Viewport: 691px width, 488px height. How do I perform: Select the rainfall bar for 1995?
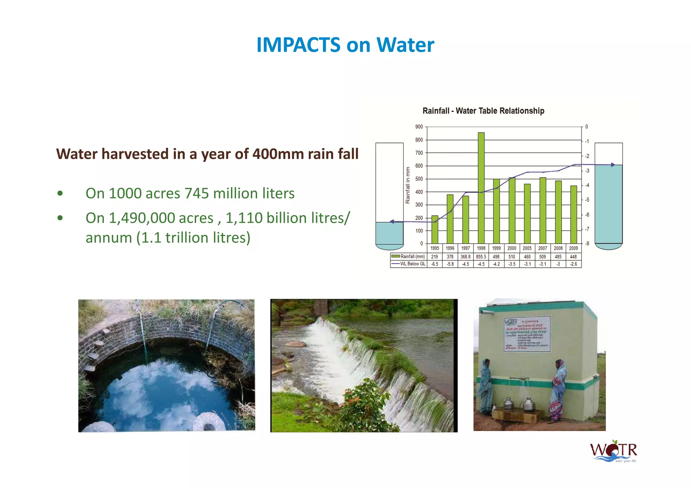click(x=435, y=229)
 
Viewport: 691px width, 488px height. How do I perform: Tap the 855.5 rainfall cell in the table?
click(x=481, y=257)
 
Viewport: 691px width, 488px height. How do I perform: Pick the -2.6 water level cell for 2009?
click(x=574, y=264)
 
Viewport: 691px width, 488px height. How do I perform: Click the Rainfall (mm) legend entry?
click(x=409, y=257)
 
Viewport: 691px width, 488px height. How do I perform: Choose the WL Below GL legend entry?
click(x=409, y=264)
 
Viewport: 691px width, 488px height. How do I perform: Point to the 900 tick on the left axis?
click(x=419, y=127)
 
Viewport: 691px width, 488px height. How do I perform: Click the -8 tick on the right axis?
click(x=587, y=243)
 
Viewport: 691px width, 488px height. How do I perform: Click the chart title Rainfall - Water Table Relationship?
click(x=483, y=111)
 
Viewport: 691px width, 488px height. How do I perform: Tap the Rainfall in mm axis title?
click(x=408, y=185)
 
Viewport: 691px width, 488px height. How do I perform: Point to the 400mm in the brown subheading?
click(x=275, y=154)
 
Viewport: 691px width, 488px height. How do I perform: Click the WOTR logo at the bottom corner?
click(x=613, y=451)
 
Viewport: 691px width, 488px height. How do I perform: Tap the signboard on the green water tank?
click(x=527, y=334)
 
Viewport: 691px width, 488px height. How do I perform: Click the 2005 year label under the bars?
click(x=527, y=248)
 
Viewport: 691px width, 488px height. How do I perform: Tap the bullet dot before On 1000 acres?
click(x=60, y=194)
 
